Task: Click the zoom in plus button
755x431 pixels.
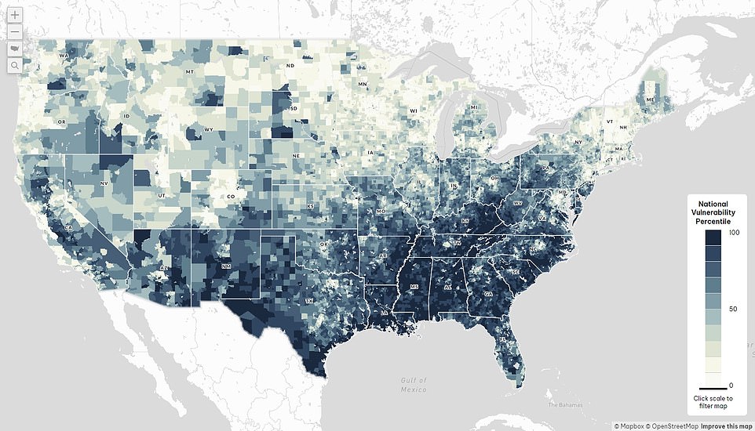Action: pyautogui.click(x=15, y=15)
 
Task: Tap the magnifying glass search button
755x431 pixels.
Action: pyautogui.click(x=15, y=66)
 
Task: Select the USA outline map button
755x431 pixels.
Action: pyautogui.click(x=15, y=49)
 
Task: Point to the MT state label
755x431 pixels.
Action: pyautogui.click(x=189, y=72)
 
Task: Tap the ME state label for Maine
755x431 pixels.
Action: pyautogui.click(x=650, y=100)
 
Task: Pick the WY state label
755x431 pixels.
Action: pyautogui.click(x=208, y=129)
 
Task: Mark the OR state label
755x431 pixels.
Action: pyautogui.click(x=61, y=122)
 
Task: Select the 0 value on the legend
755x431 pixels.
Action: pyautogui.click(x=731, y=385)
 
